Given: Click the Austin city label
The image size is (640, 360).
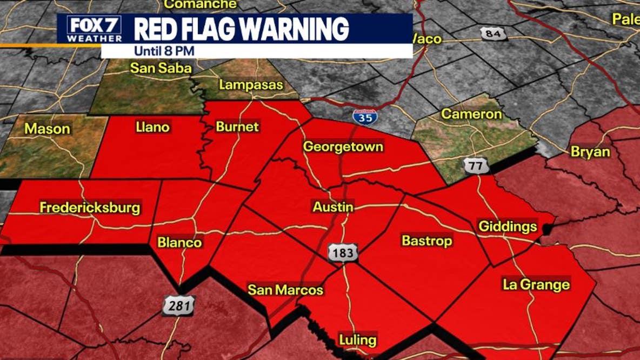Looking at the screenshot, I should (333, 207).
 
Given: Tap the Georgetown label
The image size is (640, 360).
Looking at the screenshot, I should (343, 147).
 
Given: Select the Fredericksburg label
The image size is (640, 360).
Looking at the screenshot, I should (90, 208).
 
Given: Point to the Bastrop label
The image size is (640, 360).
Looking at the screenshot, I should (426, 241).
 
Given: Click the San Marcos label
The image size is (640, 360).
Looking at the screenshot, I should (285, 290).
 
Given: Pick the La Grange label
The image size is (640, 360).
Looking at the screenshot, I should (536, 284).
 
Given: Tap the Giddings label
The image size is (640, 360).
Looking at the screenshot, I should (508, 226).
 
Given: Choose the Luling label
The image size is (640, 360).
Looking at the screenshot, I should (357, 340).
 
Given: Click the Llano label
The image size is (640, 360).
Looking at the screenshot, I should (152, 128).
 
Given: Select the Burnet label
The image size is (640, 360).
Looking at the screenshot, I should (237, 127).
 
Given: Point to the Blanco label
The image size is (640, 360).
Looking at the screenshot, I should (179, 242).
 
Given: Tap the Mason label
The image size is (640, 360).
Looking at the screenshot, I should (48, 129).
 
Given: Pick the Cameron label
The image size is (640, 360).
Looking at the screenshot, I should (471, 115).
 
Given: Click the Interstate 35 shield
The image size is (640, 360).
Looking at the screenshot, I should (365, 116).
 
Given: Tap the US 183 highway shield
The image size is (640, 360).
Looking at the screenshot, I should (343, 253).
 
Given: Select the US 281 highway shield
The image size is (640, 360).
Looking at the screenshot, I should (178, 306).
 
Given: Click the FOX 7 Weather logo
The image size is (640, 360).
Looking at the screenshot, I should (94, 29).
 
